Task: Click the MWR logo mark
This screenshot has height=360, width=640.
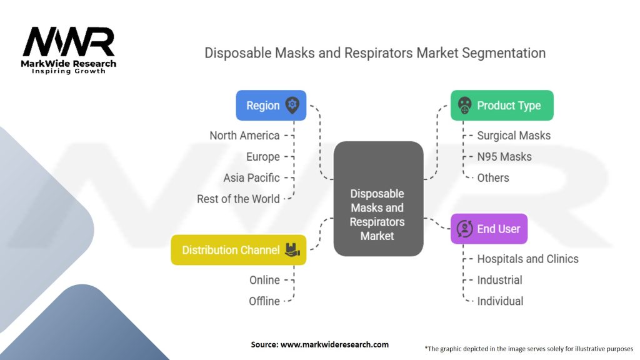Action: tap(69, 42)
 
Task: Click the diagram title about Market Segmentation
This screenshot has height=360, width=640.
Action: tap(375, 52)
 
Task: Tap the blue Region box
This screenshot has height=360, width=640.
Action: tap(271, 106)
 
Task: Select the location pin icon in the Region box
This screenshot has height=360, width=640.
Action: tap(292, 105)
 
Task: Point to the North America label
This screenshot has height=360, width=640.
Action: tap(244, 136)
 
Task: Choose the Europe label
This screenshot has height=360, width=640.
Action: tap(262, 157)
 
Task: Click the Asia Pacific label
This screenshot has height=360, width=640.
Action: tap(251, 178)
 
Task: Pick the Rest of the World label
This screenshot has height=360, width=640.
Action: tap(238, 199)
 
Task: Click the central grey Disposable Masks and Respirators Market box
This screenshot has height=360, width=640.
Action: tap(378, 199)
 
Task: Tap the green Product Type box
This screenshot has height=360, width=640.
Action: tap(501, 106)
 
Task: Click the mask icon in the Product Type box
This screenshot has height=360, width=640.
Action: tap(464, 106)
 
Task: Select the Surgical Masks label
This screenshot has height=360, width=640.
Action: tap(514, 136)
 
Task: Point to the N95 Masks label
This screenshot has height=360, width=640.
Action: tap(504, 157)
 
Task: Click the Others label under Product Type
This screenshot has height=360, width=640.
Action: tap(493, 178)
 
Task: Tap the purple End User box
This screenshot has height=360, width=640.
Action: tap(489, 229)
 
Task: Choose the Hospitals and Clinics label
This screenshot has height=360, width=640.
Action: tap(527, 259)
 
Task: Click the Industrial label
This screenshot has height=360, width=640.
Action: tap(499, 280)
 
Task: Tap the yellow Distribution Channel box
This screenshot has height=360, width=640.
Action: tap(238, 250)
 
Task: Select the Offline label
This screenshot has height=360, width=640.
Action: tap(264, 301)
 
